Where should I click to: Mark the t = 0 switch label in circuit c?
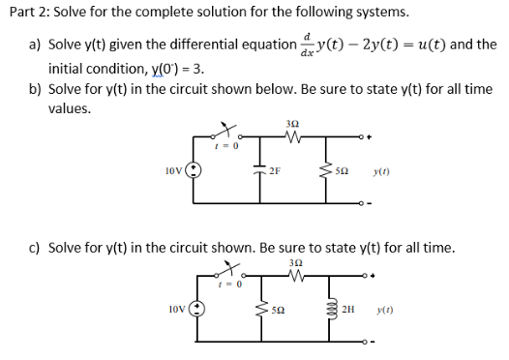(231, 285)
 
